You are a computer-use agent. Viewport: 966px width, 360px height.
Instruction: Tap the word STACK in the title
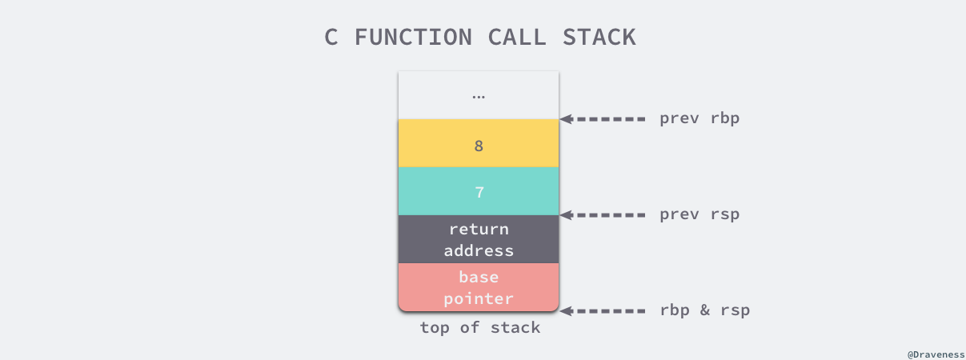click(598, 37)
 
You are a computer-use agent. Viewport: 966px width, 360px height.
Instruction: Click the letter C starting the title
click(331, 37)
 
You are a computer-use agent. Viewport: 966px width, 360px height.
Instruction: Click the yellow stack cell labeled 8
click(479, 144)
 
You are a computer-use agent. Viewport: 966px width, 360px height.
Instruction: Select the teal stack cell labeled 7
click(479, 192)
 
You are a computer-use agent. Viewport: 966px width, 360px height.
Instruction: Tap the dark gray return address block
click(479, 239)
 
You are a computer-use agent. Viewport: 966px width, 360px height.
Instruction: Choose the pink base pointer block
click(479, 287)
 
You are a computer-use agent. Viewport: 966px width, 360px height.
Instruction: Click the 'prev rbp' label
click(699, 118)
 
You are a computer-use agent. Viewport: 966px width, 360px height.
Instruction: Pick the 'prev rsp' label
click(699, 214)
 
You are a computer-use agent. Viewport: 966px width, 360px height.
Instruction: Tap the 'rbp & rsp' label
click(704, 310)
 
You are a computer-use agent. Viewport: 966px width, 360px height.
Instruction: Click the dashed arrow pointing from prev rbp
click(603, 118)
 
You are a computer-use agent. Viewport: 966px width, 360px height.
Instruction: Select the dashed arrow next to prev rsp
click(603, 214)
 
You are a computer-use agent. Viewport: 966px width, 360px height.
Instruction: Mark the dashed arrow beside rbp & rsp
click(603, 310)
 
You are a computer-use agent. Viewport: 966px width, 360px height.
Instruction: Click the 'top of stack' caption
click(479, 327)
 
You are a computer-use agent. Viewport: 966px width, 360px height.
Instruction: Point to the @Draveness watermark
click(935, 352)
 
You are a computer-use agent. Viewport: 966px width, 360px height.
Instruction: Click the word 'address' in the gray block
click(479, 250)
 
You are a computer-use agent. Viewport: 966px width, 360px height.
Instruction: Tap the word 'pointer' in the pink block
click(479, 298)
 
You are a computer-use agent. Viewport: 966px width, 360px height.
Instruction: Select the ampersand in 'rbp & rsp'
click(704, 310)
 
